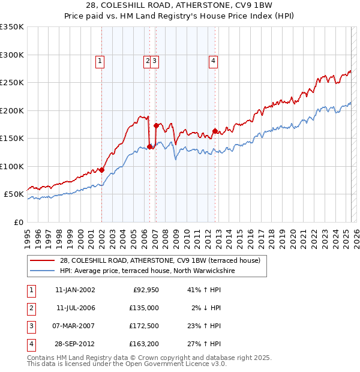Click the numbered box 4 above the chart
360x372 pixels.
(x=213, y=60)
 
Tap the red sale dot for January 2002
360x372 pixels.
(x=101, y=170)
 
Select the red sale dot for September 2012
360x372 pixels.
(x=215, y=131)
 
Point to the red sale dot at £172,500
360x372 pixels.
(x=156, y=125)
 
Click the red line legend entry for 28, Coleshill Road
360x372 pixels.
(x=160, y=260)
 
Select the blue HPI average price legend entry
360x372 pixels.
(x=147, y=271)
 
